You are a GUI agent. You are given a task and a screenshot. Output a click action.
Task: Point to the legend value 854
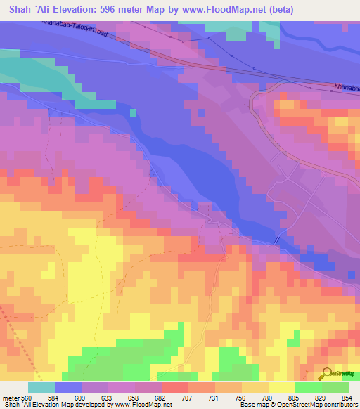[x=342, y=398]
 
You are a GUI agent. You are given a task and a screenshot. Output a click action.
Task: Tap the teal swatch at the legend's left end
[x=41, y=387]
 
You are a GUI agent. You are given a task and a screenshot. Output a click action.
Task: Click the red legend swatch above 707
[x=174, y=387]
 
